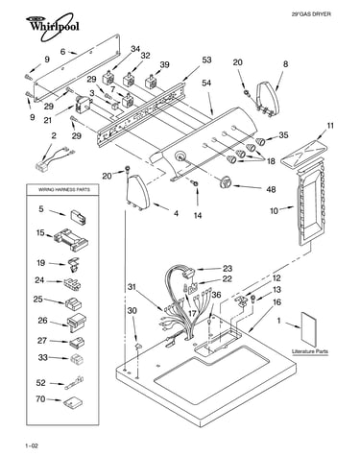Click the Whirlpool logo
click(52, 26)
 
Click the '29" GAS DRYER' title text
click(311, 14)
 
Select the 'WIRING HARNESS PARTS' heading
click(64, 190)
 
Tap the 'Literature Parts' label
click(310, 351)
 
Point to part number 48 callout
click(271, 189)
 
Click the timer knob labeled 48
click(226, 182)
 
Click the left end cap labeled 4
click(138, 192)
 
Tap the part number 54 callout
click(206, 83)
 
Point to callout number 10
click(275, 211)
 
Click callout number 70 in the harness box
click(40, 399)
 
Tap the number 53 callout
click(206, 60)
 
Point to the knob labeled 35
click(261, 141)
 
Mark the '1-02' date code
click(32, 445)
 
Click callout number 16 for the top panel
click(277, 302)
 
